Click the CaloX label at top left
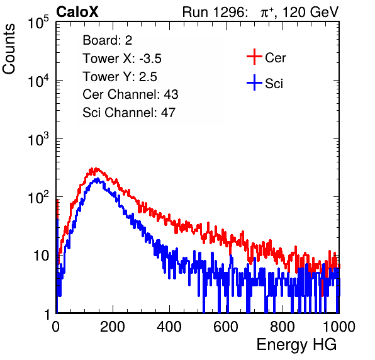(x=77, y=12)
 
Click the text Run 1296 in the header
(x=214, y=12)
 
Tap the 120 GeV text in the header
(x=311, y=12)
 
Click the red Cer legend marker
(x=254, y=57)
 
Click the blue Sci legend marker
(x=254, y=82)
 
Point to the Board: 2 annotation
(x=108, y=40)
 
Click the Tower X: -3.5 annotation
(x=122, y=59)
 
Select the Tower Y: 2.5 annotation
(x=120, y=77)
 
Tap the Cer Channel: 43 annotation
(x=130, y=94)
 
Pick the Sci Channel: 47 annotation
(x=129, y=113)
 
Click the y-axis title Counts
(x=9, y=49)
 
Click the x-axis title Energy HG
(x=296, y=345)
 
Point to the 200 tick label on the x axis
(x=113, y=327)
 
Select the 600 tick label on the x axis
(x=226, y=327)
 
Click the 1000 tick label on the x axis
(x=339, y=327)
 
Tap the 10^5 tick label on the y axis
(x=38, y=23)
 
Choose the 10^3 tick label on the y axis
(x=38, y=139)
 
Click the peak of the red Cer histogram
(x=96, y=168)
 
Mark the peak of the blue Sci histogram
(x=97, y=179)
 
